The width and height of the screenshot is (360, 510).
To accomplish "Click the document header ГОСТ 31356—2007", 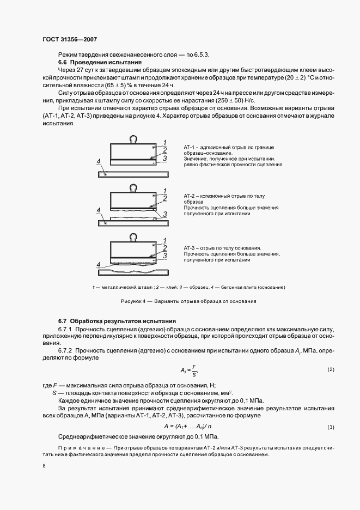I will point(70,39).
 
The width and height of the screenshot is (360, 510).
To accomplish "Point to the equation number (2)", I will point(330,370).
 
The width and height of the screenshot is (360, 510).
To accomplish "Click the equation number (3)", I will point(330,427).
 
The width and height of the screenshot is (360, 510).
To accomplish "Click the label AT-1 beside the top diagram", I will point(192,147).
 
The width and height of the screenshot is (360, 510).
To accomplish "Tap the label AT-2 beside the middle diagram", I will point(192,195).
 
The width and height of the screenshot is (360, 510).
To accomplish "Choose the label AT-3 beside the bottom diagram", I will point(192,247).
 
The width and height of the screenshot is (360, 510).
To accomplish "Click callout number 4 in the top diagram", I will point(98,161).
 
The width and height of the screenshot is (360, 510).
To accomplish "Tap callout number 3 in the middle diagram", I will point(164,215).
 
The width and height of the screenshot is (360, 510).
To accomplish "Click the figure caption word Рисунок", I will point(131,301).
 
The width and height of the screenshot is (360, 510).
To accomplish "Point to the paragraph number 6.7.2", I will point(67,349).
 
